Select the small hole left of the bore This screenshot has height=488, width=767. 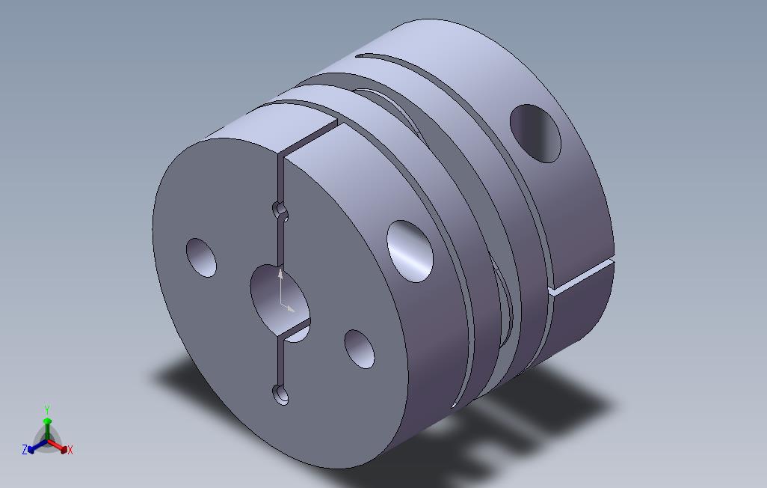200,257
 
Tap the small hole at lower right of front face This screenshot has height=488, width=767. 360,349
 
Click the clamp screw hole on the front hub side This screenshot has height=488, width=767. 410,250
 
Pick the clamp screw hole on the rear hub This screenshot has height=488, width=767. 535,133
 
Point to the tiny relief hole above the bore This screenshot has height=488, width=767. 281,210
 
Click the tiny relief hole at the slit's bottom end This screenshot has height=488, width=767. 280,394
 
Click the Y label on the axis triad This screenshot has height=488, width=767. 46,409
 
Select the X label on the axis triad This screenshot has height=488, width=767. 70,450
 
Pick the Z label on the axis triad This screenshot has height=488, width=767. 25,450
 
